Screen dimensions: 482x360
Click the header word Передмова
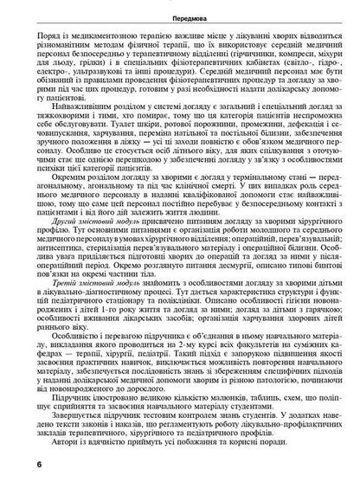(180, 8)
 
